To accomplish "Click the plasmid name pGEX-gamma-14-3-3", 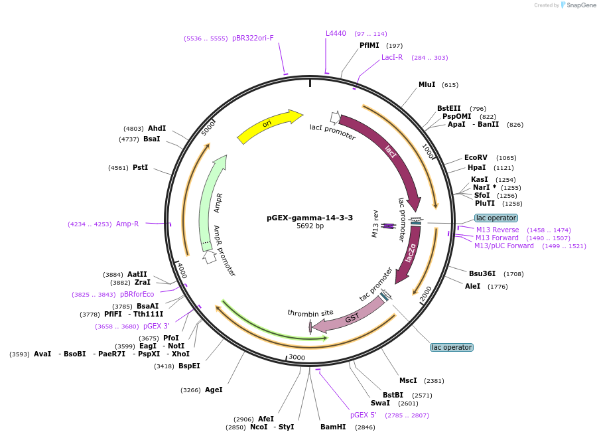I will point(310,218).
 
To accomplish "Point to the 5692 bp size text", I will point(310,226).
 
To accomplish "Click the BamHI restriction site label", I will point(333,427).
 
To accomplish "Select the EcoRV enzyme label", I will point(476,158).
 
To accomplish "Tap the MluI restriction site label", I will point(427,84).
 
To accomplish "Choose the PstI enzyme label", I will point(140,168).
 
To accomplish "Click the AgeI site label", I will point(214,390).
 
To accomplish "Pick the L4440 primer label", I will point(336,33).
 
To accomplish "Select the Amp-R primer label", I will point(127,224).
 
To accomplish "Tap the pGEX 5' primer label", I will point(364,415).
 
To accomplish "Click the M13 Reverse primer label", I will point(498,230).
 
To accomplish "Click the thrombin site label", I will point(310,313).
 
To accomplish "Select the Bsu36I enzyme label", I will point(482,273).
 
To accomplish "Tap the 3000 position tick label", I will point(297,358).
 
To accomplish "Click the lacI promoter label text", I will point(332,132).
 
